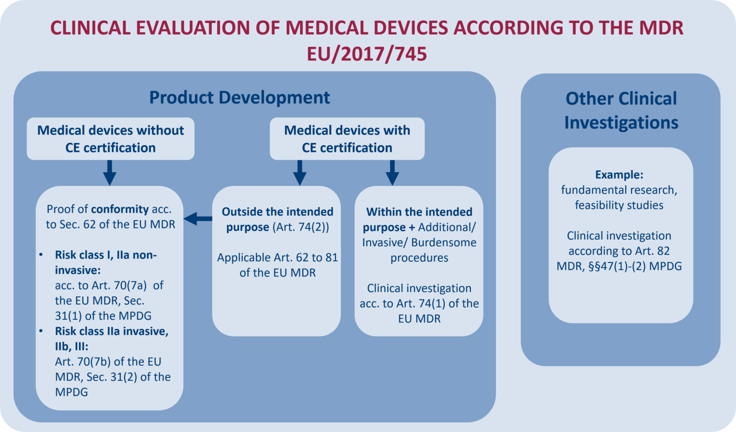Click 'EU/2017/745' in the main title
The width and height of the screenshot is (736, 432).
[x=367, y=54]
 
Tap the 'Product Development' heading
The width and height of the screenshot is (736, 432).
[x=240, y=97]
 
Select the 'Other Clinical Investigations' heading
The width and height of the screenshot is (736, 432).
[x=621, y=110]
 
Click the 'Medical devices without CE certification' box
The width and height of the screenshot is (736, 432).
[x=111, y=139]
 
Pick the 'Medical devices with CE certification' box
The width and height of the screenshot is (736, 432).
[x=347, y=139]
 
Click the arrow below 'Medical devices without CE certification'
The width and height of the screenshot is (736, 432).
[x=110, y=173]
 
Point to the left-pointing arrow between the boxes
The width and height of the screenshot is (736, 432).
[x=198, y=219]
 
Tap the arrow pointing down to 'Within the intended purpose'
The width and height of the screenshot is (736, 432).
[x=392, y=173]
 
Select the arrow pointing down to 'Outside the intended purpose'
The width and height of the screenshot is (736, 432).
[x=299, y=173]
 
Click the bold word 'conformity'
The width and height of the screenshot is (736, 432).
[x=120, y=209]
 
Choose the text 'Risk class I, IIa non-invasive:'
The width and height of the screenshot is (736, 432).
[x=105, y=262]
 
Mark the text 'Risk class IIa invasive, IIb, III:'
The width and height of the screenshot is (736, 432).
[x=111, y=339]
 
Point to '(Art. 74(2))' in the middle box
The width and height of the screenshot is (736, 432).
[x=300, y=227]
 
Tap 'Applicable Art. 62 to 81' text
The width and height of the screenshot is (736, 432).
[x=277, y=257]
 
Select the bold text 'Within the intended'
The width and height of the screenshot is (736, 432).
[x=419, y=212]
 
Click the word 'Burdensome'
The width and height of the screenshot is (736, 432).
[x=444, y=242]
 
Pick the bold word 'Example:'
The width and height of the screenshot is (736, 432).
[x=619, y=175]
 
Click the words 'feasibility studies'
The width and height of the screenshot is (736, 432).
[x=619, y=205]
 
